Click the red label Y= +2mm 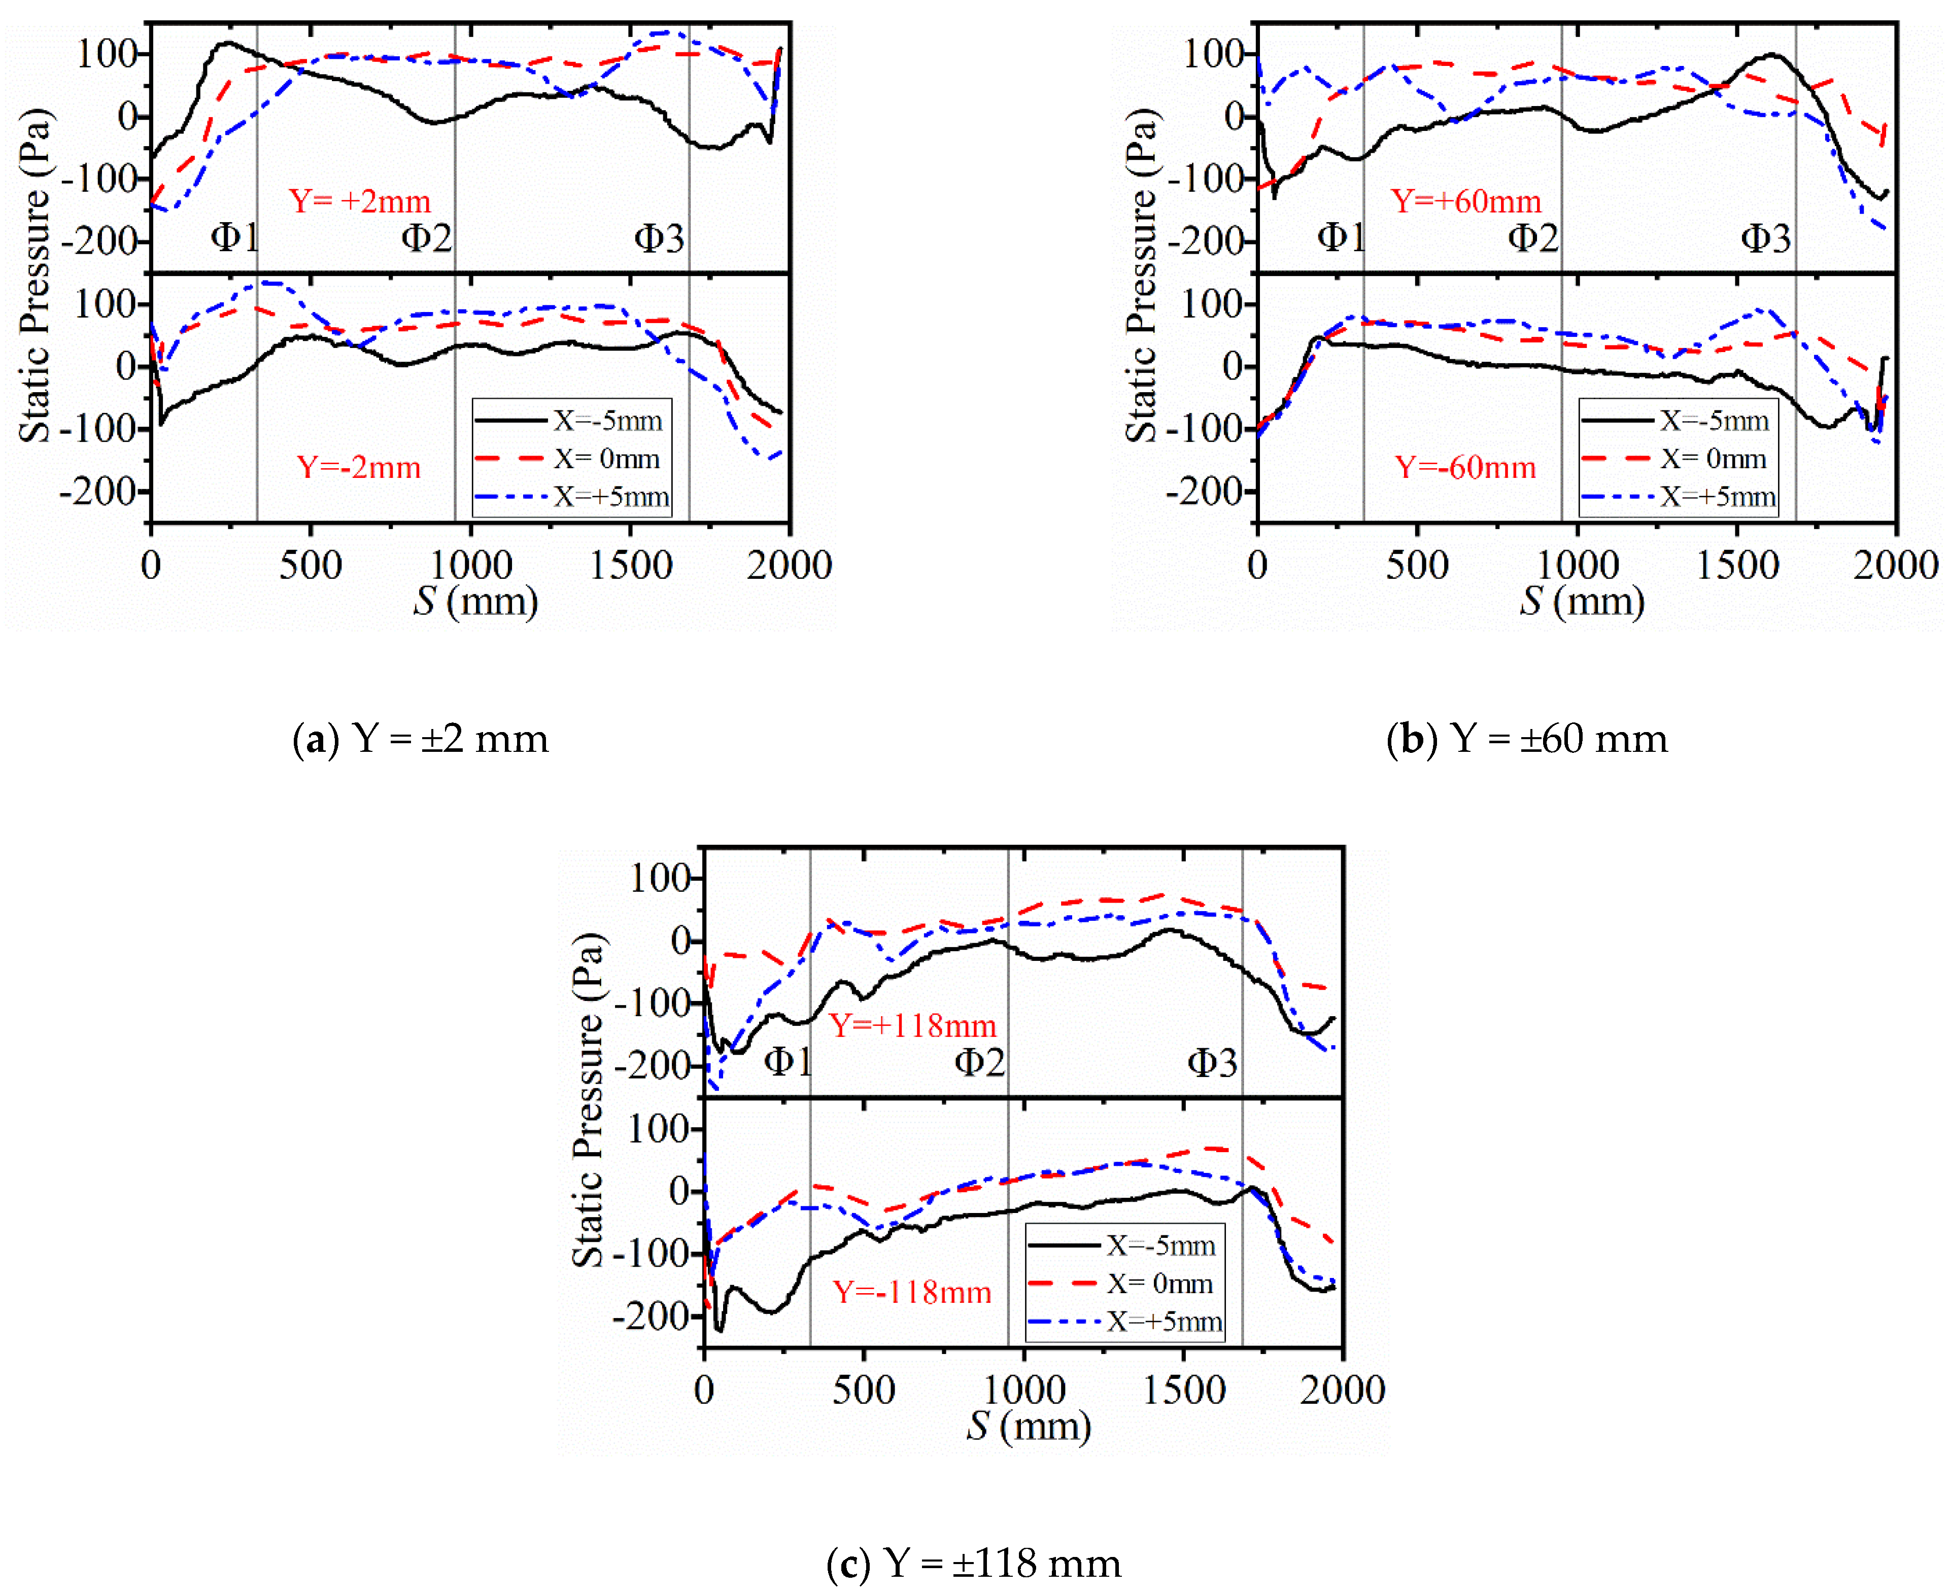pyautogui.click(x=360, y=201)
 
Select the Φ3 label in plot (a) pyautogui.click(x=660, y=239)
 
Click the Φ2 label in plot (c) pyautogui.click(x=980, y=1062)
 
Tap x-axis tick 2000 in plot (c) pyautogui.click(x=1342, y=1389)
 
